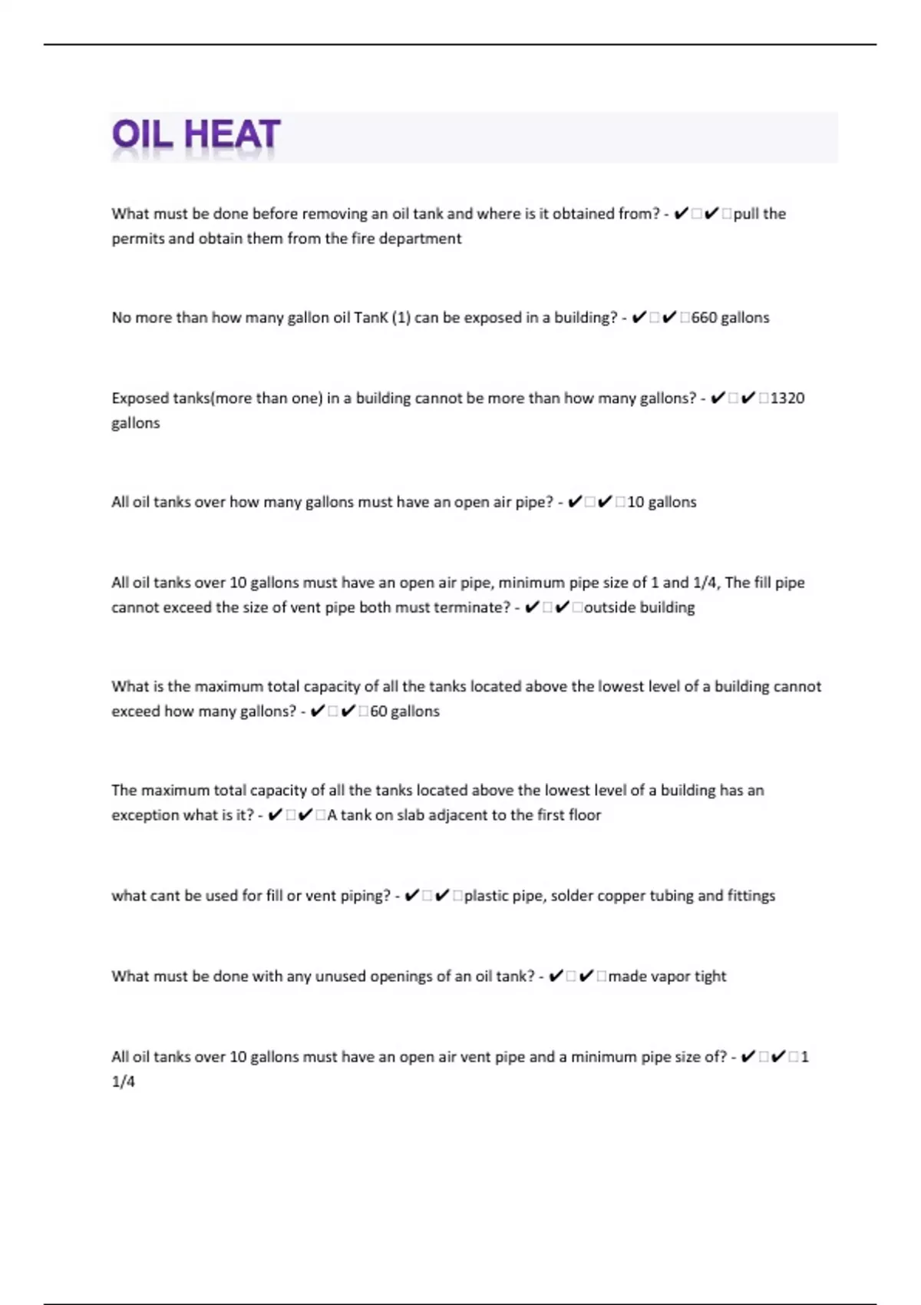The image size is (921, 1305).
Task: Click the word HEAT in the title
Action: click(x=233, y=135)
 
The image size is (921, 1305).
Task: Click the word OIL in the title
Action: click(x=143, y=135)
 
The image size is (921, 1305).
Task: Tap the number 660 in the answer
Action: click(x=704, y=318)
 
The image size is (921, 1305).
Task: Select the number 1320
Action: click(x=787, y=398)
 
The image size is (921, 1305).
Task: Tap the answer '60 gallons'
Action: click(x=404, y=712)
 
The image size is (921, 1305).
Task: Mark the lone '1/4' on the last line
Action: click(x=123, y=1082)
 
